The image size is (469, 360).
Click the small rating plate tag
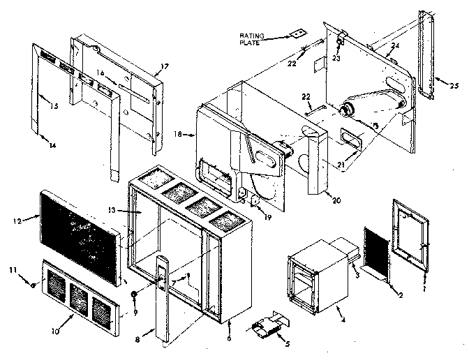coord(297,31)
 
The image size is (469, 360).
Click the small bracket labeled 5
coord(267,329)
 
